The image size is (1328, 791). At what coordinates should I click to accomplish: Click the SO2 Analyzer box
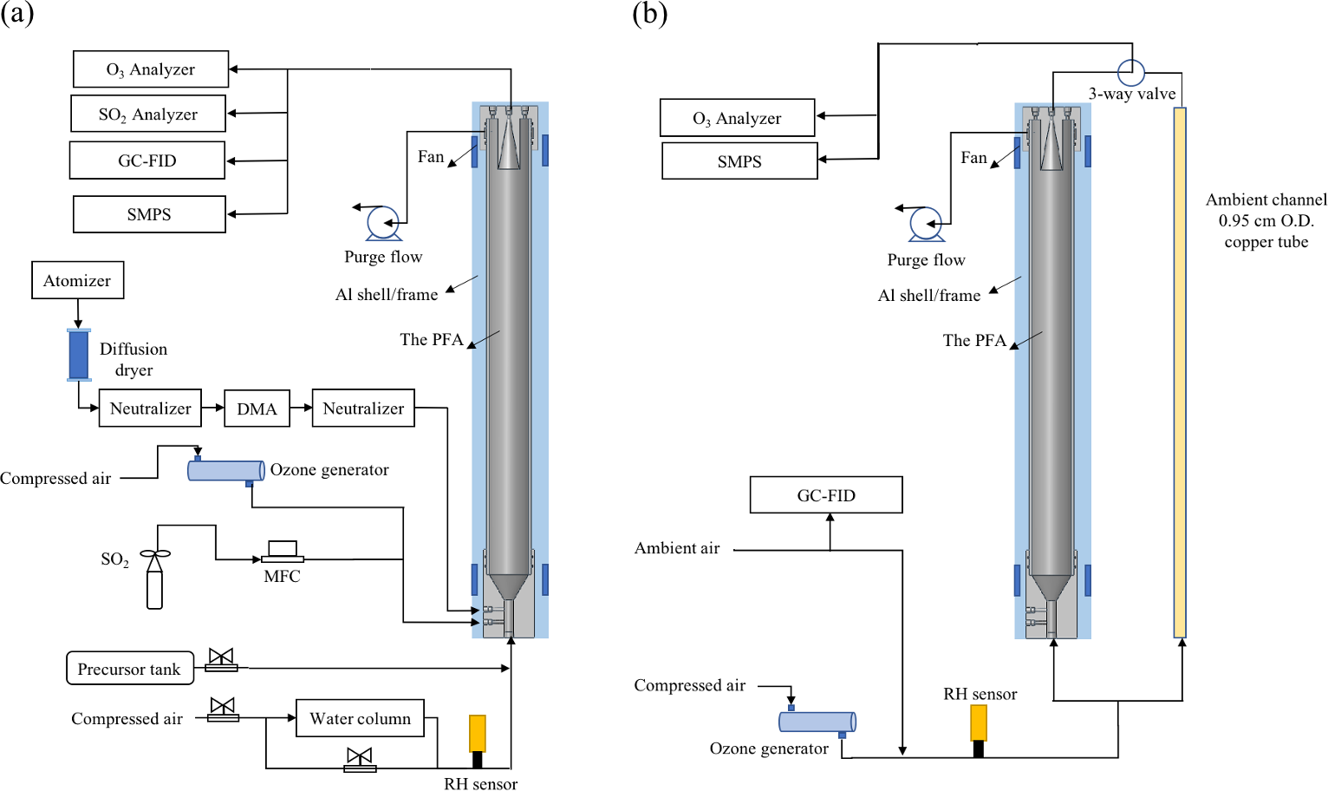148,114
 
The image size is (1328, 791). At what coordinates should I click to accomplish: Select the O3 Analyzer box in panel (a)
150,69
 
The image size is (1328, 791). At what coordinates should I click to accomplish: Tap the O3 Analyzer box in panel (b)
737,118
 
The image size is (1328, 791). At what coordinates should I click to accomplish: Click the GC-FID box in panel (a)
147,160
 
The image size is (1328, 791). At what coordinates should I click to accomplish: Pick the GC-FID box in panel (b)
825,495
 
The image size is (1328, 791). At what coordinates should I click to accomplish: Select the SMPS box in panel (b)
739,161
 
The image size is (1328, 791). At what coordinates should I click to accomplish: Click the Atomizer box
77,280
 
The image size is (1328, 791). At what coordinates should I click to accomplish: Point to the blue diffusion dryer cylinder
79,355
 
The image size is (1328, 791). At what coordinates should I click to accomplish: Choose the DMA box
257,409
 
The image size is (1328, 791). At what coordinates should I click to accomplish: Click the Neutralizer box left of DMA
150,409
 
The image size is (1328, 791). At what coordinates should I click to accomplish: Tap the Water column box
360,718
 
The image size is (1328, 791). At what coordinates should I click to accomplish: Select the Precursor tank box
129,669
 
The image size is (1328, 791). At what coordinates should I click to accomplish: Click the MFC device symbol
283,552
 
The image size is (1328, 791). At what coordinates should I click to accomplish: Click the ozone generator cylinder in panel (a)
225,471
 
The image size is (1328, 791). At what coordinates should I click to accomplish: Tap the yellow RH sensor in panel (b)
979,723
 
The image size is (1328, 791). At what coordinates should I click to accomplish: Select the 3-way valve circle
1131,72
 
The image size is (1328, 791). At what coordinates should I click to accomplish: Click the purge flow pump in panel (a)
382,222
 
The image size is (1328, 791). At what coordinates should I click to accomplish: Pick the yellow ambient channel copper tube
1180,372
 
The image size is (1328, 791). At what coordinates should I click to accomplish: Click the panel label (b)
649,14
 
